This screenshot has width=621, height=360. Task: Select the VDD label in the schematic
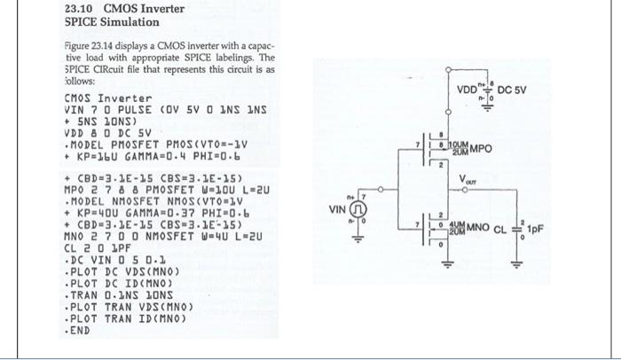467,89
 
